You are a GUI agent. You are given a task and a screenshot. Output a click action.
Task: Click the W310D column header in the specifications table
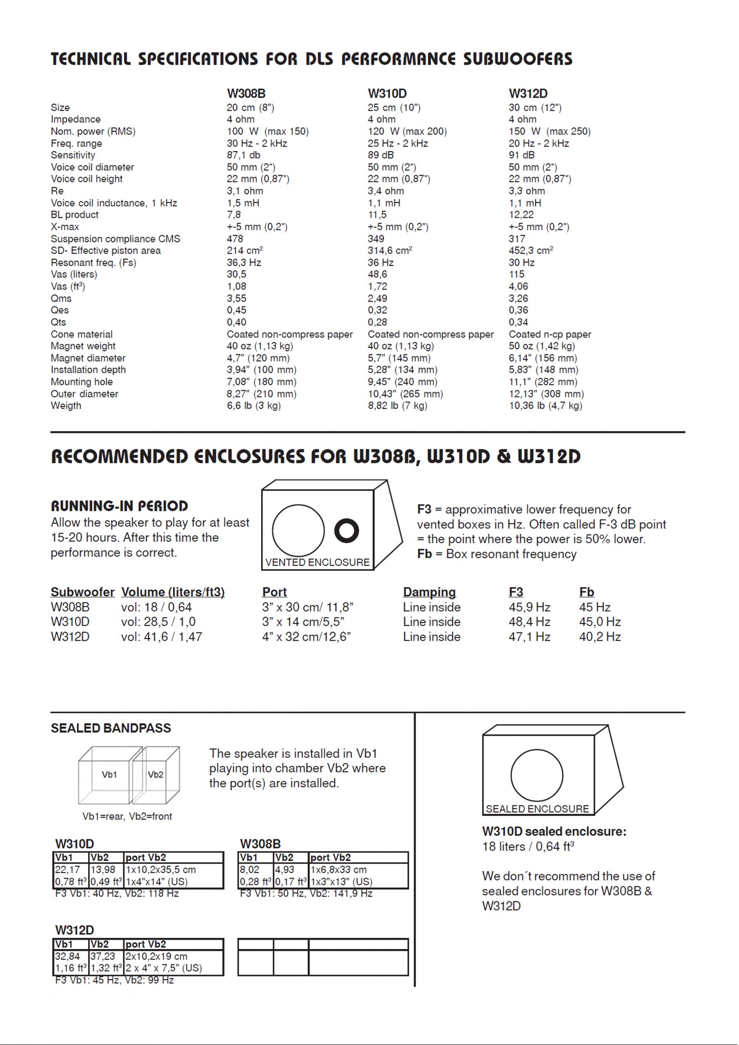[x=387, y=94]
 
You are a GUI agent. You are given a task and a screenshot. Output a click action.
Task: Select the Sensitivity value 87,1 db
[x=244, y=155]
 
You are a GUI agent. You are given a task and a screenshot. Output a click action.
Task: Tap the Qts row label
[x=58, y=322]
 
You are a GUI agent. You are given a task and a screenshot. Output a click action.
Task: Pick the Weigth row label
[x=66, y=405]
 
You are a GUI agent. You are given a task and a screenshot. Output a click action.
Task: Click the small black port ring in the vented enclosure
[x=347, y=530]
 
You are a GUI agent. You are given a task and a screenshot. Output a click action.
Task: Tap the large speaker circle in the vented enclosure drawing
[x=298, y=530]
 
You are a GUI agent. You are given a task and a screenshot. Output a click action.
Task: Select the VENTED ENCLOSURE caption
[x=317, y=563]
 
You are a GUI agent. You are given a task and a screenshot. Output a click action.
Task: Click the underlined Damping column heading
[x=429, y=592]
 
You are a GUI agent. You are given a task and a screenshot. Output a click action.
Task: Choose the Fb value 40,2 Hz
[x=600, y=637]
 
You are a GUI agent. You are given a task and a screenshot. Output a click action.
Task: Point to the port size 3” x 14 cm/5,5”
[x=303, y=622]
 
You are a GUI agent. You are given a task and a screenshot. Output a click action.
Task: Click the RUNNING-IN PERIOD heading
[x=119, y=506]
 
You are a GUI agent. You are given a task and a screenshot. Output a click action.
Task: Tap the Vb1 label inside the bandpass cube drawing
[x=109, y=775]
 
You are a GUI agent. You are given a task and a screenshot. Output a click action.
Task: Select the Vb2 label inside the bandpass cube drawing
[x=155, y=775]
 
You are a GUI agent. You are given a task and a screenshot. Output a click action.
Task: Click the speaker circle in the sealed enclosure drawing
[x=537, y=775]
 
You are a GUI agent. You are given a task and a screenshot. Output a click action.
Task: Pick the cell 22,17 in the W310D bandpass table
[x=67, y=870]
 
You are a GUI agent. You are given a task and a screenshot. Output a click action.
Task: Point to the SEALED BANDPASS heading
[x=111, y=728]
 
